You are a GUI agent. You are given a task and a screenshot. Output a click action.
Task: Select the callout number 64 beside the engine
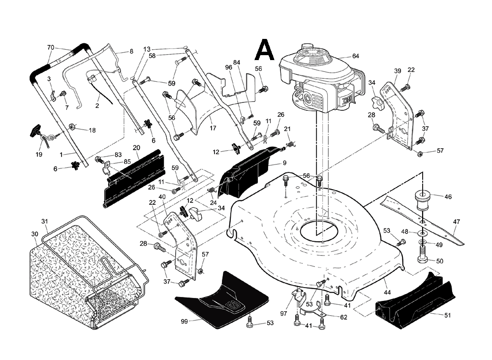[x=356, y=56]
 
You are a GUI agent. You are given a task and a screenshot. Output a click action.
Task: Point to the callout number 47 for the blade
[x=456, y=221]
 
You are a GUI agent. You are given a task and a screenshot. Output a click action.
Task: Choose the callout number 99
[x=184, y=321]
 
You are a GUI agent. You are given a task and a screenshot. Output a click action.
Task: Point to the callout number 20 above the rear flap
[x=136, y=147]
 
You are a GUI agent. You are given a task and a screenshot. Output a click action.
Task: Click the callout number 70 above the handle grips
[x=50, y=48]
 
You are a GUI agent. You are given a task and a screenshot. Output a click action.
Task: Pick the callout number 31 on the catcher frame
[x=44, y=221]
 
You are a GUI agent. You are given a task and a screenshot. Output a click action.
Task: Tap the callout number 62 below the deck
[x=344, y=317]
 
